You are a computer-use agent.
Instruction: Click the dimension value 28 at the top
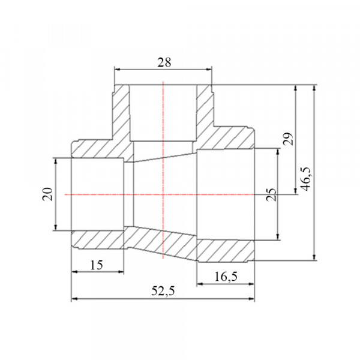point(164,62)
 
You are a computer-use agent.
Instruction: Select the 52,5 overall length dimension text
point(163,292)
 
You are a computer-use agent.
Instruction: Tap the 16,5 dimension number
point(226,277)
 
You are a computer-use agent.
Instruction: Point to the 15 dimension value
point(97,265)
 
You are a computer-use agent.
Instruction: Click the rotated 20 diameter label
point(47,194)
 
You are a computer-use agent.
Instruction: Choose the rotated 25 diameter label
point(271,194)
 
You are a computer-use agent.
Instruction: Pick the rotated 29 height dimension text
point(289,139)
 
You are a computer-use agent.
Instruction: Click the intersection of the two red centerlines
point(163,194)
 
